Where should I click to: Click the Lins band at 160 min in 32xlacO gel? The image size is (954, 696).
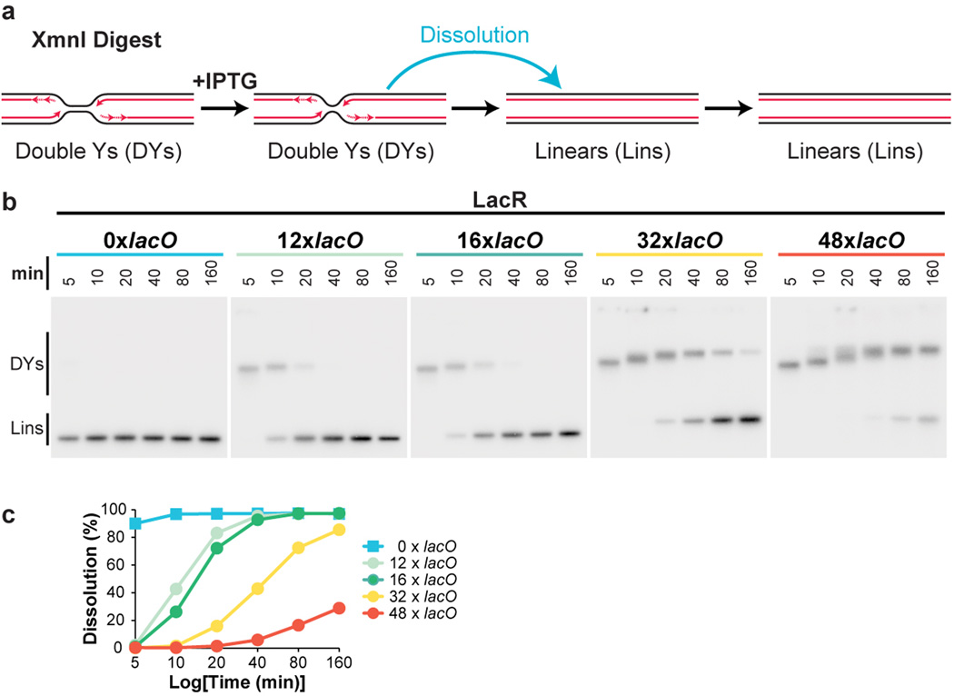coord(749,419)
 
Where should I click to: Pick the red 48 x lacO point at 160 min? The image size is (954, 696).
coord(339,608)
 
